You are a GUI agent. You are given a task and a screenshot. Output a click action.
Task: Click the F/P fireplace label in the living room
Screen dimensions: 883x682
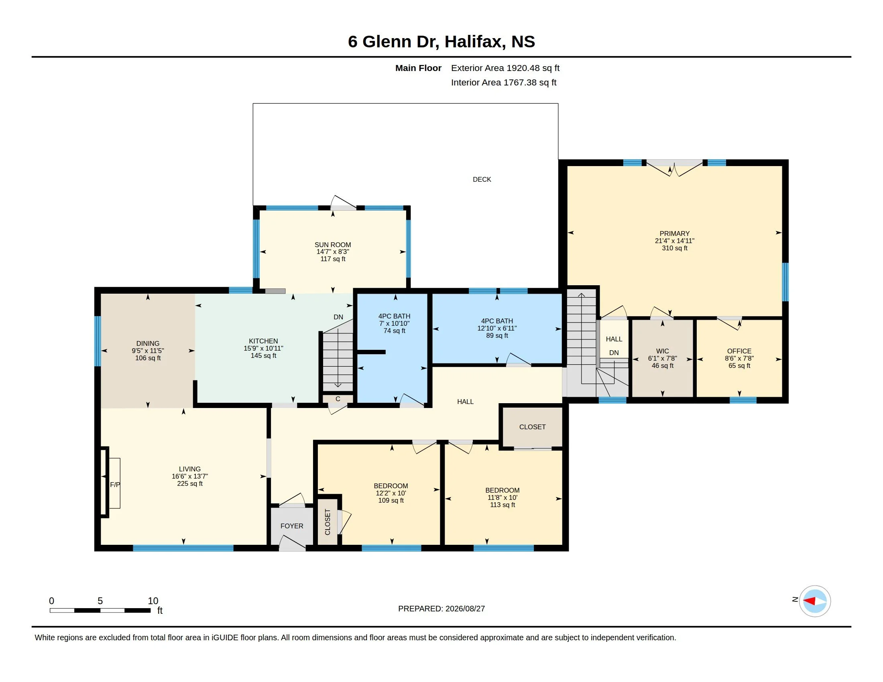(115, 485)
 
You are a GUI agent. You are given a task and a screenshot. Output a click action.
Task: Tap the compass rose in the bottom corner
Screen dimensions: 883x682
(815, 601)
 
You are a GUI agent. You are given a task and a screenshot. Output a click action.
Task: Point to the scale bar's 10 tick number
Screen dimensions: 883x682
(153, 601)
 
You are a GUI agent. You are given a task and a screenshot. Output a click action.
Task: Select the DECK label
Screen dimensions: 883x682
(482, 179)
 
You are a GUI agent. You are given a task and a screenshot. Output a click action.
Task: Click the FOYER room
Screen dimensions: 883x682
(292, 526)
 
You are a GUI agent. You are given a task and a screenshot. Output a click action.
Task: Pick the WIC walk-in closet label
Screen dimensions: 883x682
(662, 351)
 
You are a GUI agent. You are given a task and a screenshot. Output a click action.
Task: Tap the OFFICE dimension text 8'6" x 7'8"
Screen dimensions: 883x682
(739, 358)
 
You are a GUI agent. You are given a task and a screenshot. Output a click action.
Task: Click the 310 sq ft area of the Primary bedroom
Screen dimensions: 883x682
(674, 248)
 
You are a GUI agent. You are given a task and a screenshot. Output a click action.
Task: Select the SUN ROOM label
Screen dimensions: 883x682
(333, 245)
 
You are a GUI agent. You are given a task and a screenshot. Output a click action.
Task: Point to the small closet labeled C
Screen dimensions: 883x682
(338, 399)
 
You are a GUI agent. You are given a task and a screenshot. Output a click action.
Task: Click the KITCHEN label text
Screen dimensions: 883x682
(263, 341)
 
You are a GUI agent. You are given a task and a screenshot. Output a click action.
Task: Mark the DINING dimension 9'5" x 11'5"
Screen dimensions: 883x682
(148, 351)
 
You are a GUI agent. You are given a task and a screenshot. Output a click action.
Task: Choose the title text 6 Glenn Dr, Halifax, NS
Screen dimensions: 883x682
(441, 42)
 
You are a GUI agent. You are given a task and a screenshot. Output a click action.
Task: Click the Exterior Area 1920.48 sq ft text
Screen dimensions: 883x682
(505, 68)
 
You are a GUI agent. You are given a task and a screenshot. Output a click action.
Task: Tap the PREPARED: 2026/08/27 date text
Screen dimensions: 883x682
(441, 609)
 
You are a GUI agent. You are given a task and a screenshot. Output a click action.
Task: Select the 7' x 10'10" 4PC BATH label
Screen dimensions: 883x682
(394, 324)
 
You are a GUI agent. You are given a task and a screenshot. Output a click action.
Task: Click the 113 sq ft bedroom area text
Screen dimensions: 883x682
(503, 505)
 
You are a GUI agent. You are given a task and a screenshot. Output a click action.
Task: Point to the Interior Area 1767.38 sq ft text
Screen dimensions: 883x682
(504, 82)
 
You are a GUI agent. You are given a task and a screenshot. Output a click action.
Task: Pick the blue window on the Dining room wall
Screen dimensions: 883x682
(98, 341)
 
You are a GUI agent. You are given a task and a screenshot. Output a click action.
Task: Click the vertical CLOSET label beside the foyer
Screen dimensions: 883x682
(328, 522)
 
